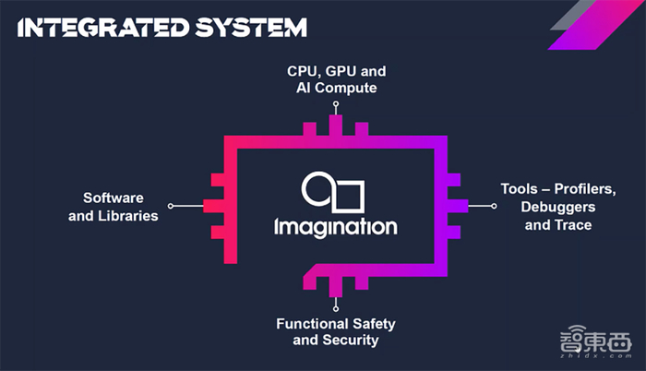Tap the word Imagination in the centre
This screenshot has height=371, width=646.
pos(336,226)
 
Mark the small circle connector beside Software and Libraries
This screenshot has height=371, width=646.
pos(171,206)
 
